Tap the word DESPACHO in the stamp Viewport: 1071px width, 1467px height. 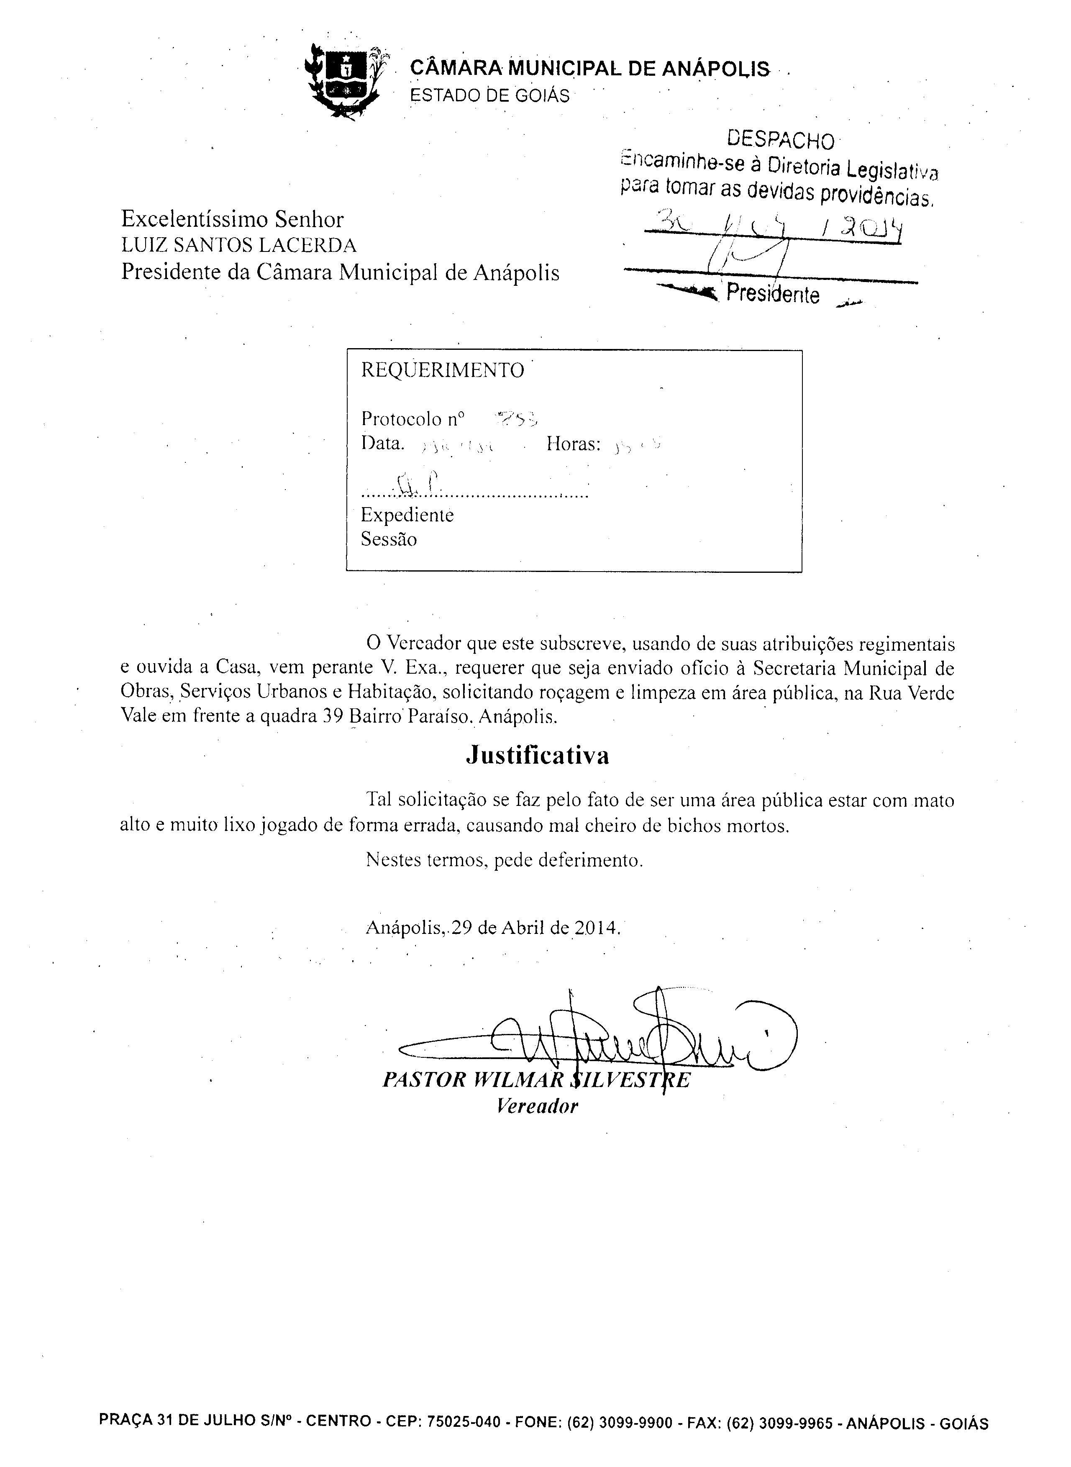click(781, 139)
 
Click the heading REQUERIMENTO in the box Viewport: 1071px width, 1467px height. click(442, 370)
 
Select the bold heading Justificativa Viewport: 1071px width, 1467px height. click(538, 756)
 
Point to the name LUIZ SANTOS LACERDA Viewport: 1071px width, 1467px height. click(238, 246)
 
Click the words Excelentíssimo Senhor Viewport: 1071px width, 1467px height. click(232, 220)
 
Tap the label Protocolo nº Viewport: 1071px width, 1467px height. click(413, 419)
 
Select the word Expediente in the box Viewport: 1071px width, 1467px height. click(407, 516)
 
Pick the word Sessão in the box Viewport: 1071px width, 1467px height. click(389, 539)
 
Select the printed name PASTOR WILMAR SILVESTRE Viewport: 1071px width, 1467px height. click(536, 1080)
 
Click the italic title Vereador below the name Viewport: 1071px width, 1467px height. click(537, 1106)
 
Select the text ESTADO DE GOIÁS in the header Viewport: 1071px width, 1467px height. click(490, 96)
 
